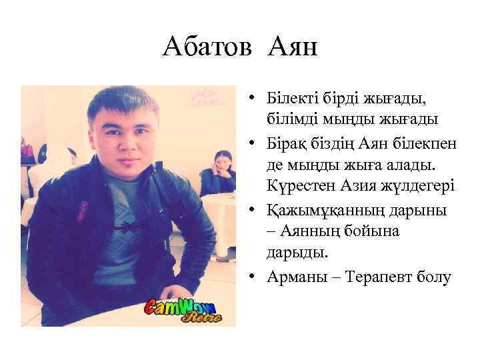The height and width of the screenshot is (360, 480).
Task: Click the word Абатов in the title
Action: point(207,47)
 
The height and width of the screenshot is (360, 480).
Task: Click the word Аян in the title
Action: point(293,47)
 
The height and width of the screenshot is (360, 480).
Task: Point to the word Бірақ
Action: point(286,142)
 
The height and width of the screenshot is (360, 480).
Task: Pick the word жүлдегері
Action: point(417,185)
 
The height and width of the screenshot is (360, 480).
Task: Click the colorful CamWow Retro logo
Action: point(184,311)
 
